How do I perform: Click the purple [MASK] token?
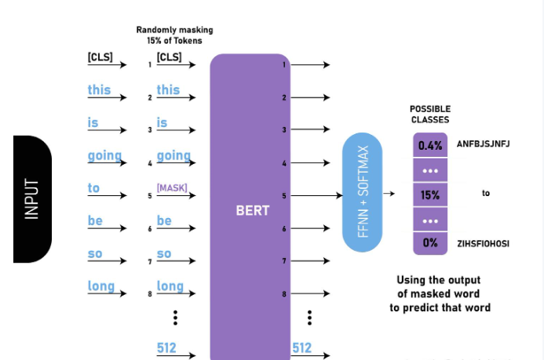[x=172, y=188]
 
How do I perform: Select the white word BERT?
[x=252, y=210]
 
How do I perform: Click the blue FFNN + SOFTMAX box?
[x=363, y=192]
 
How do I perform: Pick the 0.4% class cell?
[x=430, y=145]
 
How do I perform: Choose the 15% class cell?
[x=430, y=195]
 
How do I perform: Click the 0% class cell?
[x=430, y=243]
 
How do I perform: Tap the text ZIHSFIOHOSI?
[x=483, y=243]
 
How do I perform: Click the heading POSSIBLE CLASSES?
[x=430, y=115]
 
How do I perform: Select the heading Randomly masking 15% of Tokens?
[x=174, y=35]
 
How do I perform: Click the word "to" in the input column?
[x=94, y=188]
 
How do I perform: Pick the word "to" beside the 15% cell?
[x=486, y=193]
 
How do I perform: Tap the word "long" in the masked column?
[x=170, y=286]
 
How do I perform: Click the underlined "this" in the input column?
[x=100, y=89]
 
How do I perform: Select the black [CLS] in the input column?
[x=101, y=57]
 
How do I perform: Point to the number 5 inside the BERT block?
[x=284, y=195]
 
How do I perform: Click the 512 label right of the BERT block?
[x=301, y=347]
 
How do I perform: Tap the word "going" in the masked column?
[x=173, y=155]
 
